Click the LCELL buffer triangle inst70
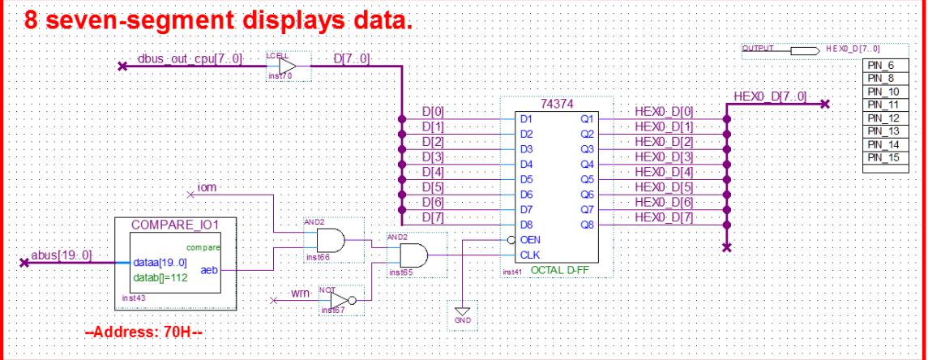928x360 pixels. [x=287, y=66]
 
